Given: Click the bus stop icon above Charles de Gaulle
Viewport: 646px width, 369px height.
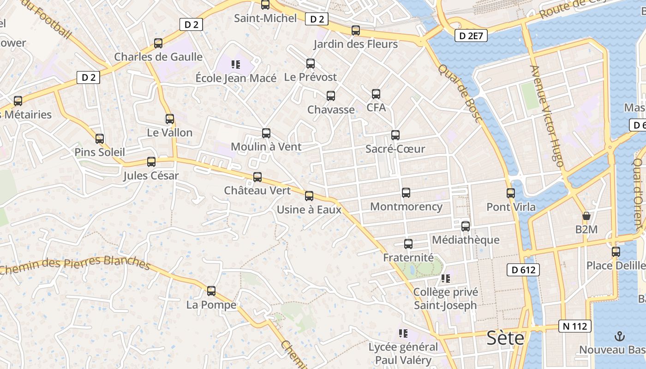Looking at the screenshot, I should (x=158, y=43).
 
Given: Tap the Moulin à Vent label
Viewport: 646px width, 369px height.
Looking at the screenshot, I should (x=266, y=147).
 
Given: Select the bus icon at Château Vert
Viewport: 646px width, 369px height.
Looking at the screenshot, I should (x=257, y=177).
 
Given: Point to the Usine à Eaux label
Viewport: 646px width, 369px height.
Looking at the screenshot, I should (x=309, y=210).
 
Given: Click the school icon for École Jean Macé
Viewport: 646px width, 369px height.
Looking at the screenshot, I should (x=236, y=65).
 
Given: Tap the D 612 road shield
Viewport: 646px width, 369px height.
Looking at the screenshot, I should (x=523, y=270).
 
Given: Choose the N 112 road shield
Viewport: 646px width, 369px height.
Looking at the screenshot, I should (x=575, y=326).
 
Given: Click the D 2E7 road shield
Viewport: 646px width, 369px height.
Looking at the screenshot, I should (x=471, y=36).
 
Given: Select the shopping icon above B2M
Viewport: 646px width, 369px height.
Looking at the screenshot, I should (x=586, y=215).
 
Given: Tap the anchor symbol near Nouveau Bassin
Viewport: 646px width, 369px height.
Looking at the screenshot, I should (x=620, y=336).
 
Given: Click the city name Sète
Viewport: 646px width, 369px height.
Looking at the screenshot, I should (x=506, y=338).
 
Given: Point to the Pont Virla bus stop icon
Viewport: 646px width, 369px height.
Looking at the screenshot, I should (x=510, y=193).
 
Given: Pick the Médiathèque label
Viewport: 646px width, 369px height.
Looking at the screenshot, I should (x=466, y=240).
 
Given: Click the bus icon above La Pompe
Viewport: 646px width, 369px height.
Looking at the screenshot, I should (x=211, y=291).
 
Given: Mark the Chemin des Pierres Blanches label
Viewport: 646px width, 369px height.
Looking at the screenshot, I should (x=75, y=264).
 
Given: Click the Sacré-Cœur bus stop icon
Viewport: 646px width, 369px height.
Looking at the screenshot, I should (x=395, y=135).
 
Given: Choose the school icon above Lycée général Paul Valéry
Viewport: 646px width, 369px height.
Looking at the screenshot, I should (x=403, y=333).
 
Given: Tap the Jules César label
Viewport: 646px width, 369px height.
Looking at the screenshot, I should (x=151, y=176).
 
